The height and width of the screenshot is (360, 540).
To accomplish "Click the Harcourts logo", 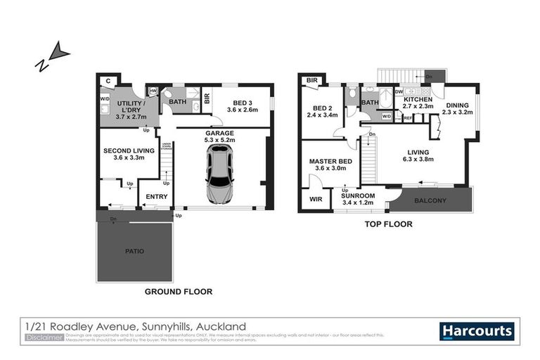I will click(477, 330).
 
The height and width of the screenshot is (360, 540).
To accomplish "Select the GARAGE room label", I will click(219, 132).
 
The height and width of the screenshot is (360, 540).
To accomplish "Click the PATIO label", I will click(134, 249).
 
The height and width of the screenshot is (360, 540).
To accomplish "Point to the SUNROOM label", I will click(359, 195).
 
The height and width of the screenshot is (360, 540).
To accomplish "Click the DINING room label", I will click(456, 106).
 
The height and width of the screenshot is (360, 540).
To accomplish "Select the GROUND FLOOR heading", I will click(178, 291).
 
